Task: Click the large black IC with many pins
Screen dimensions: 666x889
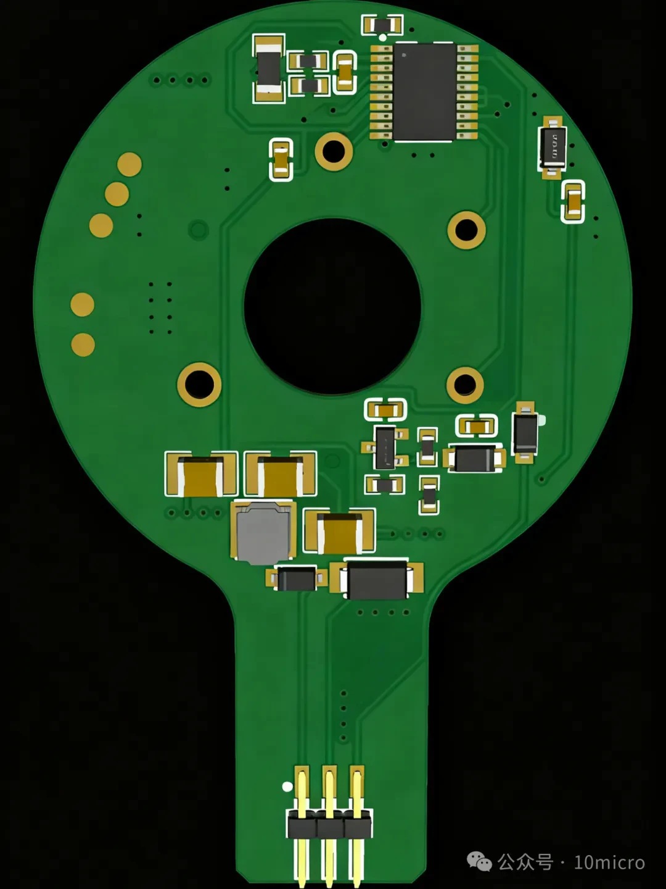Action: point(424,92)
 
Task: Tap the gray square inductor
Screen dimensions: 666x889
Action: point(263,533)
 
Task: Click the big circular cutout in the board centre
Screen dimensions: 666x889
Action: point(332,307)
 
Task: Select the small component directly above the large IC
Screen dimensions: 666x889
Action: point(382,25)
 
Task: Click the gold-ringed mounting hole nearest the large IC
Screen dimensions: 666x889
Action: point(334,151)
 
